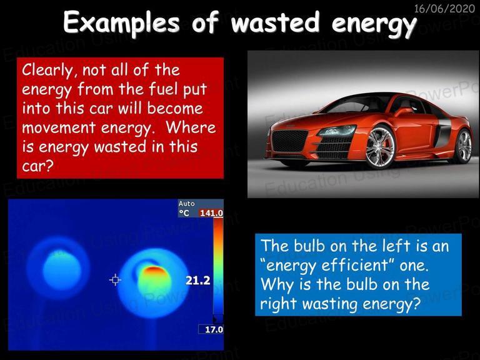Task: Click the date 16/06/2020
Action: tap(444, 8)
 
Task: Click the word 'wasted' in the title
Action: tap(276, 22)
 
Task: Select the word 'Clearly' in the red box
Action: tap(47, 71)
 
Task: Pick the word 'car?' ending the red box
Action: tap(37, 166)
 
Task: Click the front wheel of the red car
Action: tap(380, 147)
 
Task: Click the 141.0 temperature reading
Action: tap(211, 212)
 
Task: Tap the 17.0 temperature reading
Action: tap(214, 329)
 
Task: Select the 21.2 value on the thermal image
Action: tap(197, 280)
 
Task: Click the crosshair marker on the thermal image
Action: tap(115, 279)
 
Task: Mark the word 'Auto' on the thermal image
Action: tap(187, 204)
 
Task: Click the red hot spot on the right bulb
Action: tap(155, 271)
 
